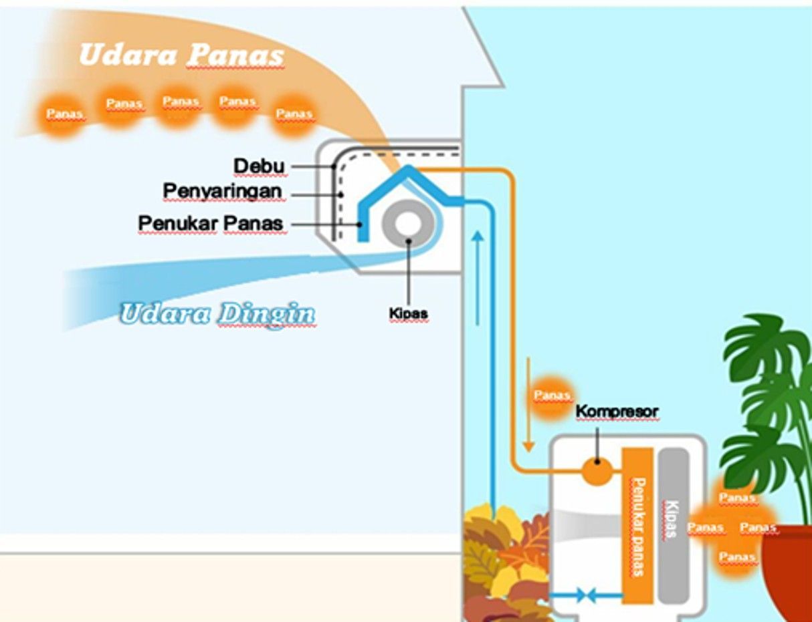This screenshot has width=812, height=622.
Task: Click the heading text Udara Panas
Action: coord(181,55)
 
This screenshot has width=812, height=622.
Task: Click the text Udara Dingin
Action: coord(217,313)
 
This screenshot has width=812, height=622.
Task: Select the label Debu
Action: coord(259,165)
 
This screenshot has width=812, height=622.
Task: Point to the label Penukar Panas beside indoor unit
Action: coord(211,222)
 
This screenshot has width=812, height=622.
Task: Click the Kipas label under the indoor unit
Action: coord(408,313)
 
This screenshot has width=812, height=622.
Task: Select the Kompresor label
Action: coord(617,412)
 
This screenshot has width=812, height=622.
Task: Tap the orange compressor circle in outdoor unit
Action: coord(597,471)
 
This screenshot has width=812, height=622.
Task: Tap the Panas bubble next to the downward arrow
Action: coord(552,396)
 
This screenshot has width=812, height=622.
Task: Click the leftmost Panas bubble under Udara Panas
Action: coord(65,114)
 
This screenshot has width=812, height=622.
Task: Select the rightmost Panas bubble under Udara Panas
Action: coord(294,114)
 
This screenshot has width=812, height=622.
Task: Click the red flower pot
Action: coord(789,575)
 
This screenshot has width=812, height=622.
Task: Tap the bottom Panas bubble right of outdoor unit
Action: coord(737,557)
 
